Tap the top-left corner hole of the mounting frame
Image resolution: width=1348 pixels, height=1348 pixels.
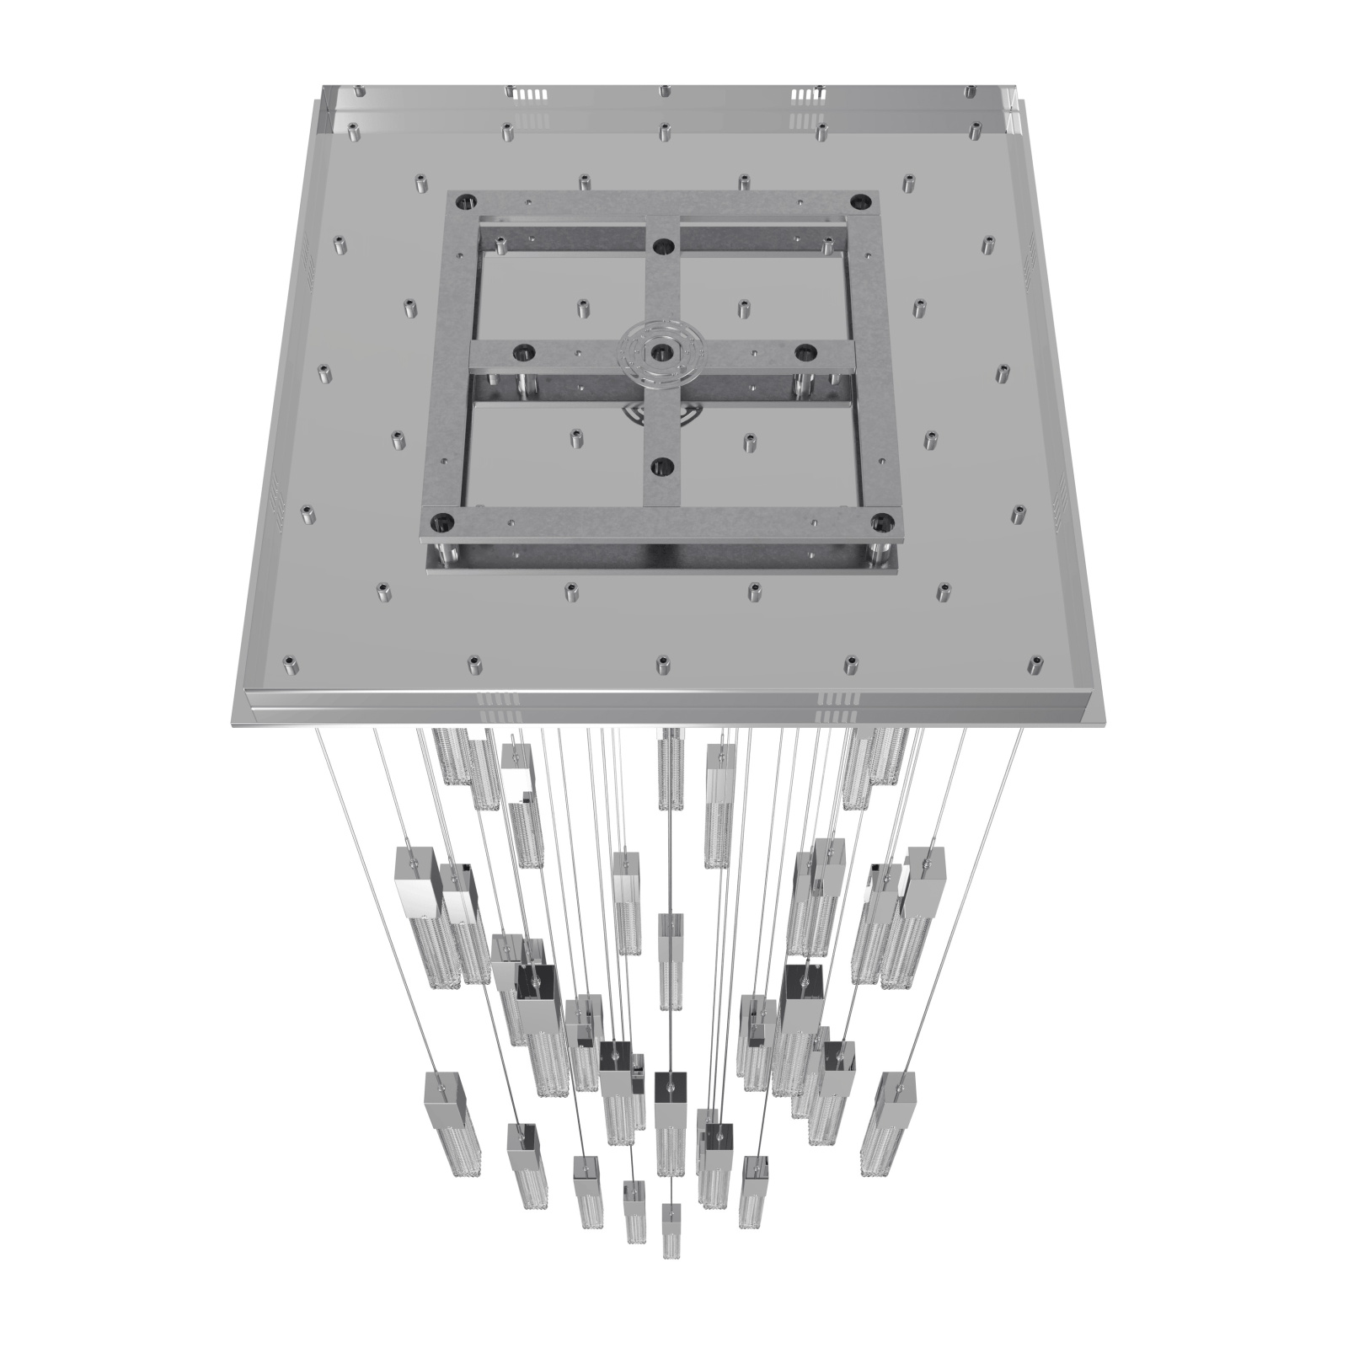[x=464, y=202]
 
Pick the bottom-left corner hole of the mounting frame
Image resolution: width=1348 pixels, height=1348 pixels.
[x=439, y=522]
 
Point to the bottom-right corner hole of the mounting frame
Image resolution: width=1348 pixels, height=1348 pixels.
[x=880, y=522]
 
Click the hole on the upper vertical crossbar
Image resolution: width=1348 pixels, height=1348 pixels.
[x=663, y=247]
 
